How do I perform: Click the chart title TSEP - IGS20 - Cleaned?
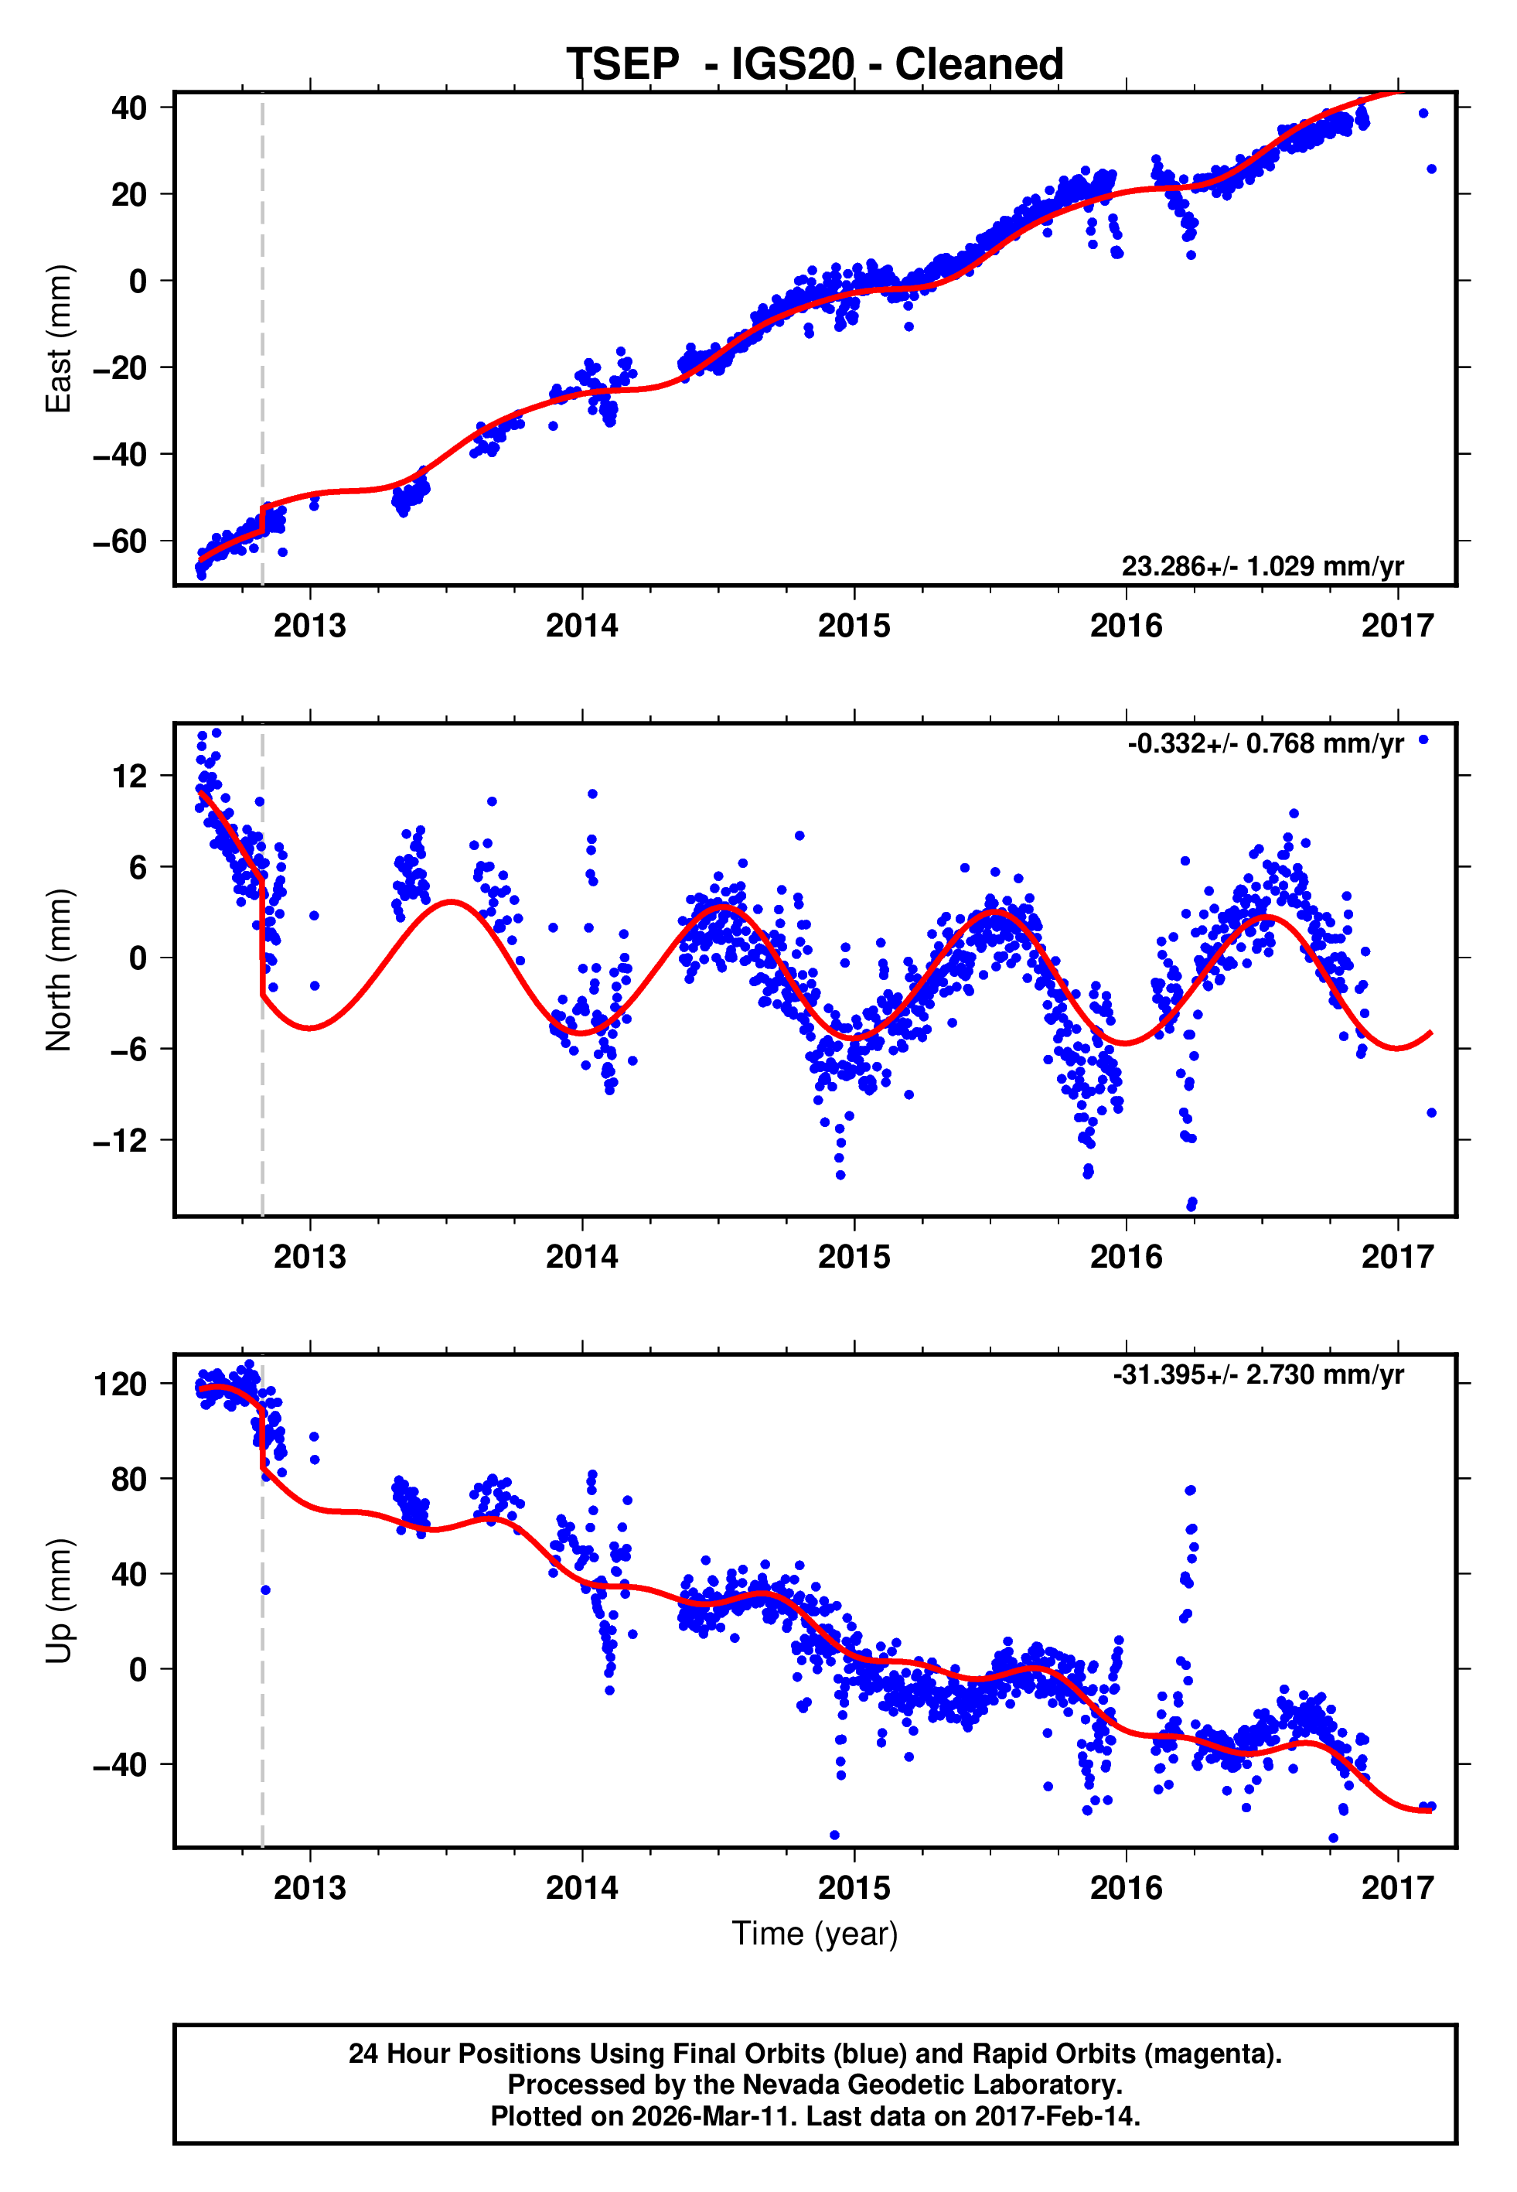tap(815, 65)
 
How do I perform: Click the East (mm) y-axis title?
tap(59, 339)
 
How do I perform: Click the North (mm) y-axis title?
tap(59, 970)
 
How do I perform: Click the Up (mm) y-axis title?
tap(59, 1601)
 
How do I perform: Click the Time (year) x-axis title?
tap(815, 1934)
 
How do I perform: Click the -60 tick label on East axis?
tap(120, 542)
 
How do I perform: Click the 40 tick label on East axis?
tap(129, 108)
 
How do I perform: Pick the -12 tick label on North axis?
tap(120, 1141)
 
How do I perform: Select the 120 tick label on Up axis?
tap(120, 1384)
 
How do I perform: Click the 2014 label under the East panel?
tap(581, 627)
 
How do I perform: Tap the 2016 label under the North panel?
tap(1126, 1258)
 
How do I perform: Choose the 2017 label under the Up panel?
tap(1397, 1888)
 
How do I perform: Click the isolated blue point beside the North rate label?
tap(1423, 739)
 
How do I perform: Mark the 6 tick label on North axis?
tap(138, 867)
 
